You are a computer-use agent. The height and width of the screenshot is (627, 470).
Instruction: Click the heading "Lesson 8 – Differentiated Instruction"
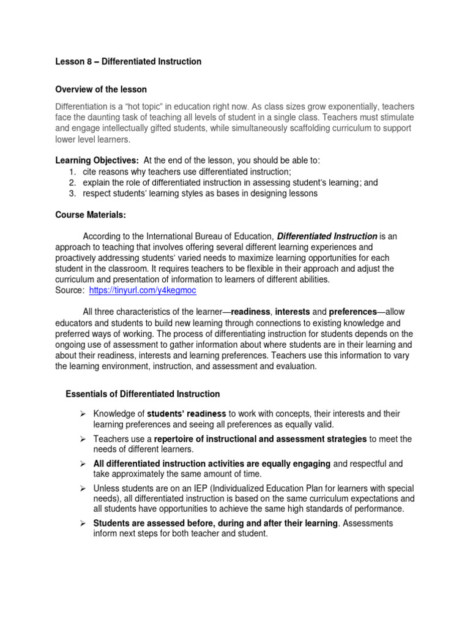[x=128, y=62]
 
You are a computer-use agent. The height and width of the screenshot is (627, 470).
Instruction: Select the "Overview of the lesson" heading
[x=101, y=89]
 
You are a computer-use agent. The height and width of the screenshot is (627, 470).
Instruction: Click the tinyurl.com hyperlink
[x=143, y=290]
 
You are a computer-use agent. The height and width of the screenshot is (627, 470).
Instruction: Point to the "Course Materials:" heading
[x=91, y=215]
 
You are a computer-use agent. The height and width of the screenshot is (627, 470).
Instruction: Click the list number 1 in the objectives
[x=71, y=171]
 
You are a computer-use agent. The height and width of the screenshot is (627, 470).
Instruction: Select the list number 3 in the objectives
[x=71, y=193]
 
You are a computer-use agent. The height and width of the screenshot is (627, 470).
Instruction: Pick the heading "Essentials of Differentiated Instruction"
[x=143, y=394]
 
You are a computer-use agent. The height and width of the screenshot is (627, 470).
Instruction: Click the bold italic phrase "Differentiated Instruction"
[x=327, y=236]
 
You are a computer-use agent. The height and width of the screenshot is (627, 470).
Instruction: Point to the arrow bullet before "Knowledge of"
[x=82, y=414]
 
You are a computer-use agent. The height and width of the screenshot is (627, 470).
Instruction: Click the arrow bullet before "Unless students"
[x=82, y=489]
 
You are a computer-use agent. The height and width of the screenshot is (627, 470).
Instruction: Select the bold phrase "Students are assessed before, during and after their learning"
[x=215, y=524]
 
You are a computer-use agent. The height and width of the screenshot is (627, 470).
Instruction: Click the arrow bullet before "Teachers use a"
[x=82, y=439]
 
